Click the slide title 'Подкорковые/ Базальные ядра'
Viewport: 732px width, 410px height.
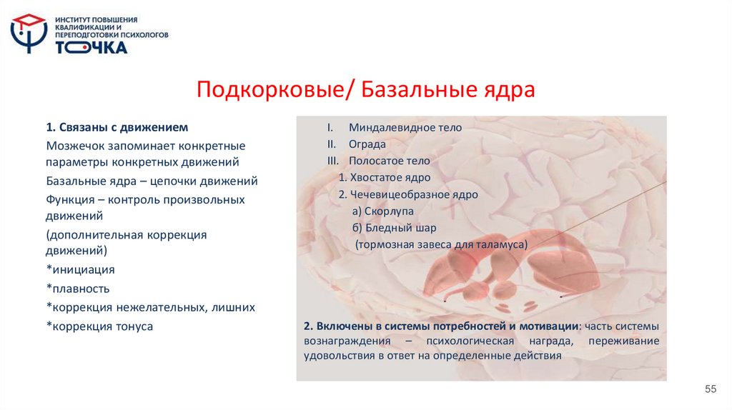coord(365,91)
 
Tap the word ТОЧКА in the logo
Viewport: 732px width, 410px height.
coord(91,47)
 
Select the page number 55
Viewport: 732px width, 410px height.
coord(710,389)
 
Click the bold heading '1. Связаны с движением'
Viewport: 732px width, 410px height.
coord(117,127)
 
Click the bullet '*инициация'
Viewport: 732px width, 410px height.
coord(80,270)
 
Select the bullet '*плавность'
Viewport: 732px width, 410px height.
coord(78,289)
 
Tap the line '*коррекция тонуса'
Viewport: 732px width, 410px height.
coord(99,326)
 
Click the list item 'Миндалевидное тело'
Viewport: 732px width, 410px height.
coord(405,127)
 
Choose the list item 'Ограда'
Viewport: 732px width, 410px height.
coord(367,144)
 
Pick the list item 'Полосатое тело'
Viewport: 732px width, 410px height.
coord(389,161)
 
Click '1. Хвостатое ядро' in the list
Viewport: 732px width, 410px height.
coord(385,177)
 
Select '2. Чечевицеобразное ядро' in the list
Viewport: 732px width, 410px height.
coord(408,194)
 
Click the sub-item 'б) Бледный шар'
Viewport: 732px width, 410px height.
coord(392,228)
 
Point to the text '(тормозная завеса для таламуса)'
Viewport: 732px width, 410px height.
coord(441,244)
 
